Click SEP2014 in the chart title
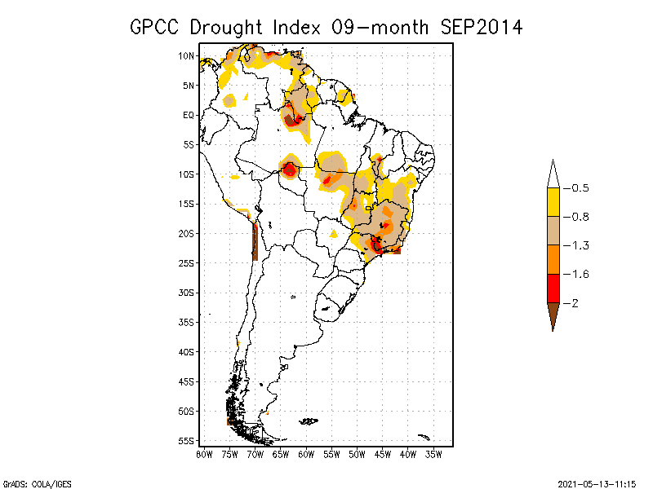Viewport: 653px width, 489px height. click(x=481, y=27)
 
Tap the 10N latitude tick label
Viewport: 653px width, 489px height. click(x=187, y=55)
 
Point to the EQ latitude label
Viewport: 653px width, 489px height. click(x=189, y=115)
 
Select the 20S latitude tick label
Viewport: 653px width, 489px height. click(x=187, y=233)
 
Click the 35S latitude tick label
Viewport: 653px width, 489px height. click(x=187, y=322)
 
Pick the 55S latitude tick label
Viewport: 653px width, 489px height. click(x=187, y=440)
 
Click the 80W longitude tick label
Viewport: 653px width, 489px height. click(x=204, y=454)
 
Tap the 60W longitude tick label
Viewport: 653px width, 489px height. click(x=306, y=454)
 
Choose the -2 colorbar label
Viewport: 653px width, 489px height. click(x=574, y=303)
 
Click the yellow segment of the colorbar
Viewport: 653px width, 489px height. click(x=553, y=202)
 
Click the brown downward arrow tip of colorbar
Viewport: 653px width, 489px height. click(x=553, y=318)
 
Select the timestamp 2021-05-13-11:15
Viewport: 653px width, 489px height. click(x=597, y=482)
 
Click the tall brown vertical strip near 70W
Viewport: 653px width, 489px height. click(x=255, y=240)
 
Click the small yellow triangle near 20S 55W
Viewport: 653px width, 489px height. click(x=333, y=234)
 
